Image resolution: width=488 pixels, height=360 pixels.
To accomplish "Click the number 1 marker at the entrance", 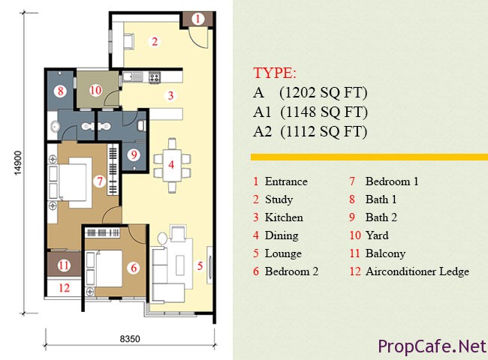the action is (x=197, y=19).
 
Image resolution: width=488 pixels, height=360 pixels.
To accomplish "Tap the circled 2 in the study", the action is (x=155, y=41).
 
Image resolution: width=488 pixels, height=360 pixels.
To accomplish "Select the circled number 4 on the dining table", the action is (x=171, y=164).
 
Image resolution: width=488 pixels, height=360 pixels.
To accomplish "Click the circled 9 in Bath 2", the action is (x=134, y=154).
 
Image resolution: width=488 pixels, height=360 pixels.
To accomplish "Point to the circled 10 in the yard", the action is (x=95, y=91).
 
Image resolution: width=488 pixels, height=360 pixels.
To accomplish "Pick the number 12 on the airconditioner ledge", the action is (x=65, y=288).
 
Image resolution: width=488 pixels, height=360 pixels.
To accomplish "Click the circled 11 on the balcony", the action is (x=64, y=265).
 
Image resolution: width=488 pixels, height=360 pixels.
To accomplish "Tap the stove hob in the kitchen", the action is (x=155, y=77).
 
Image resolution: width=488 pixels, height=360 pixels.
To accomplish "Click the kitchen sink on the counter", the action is (x=133, y=76).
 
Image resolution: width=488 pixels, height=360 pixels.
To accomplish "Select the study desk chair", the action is (x=128, y=41).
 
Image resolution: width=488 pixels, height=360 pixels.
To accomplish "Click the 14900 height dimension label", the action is (x=18, y=163).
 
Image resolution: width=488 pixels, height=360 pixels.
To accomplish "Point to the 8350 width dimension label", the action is (x=130, y=338).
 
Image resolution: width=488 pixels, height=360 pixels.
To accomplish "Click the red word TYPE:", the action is (x=275, y=73).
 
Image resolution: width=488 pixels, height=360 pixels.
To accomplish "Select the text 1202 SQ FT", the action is (x=324, y=93).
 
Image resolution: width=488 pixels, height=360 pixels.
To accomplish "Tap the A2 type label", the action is (x=262, y=131).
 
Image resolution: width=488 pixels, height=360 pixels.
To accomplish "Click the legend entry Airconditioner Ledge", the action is (x=417, y=271).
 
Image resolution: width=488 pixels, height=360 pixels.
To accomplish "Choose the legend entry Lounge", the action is (x=283, y=253).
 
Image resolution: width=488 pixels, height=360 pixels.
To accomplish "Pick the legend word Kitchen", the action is (x=284, y=217).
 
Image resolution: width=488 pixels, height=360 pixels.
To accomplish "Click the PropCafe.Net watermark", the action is (x=432, y=346).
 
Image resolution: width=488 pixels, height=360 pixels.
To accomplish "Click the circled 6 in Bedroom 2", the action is (x=134, y=268).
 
